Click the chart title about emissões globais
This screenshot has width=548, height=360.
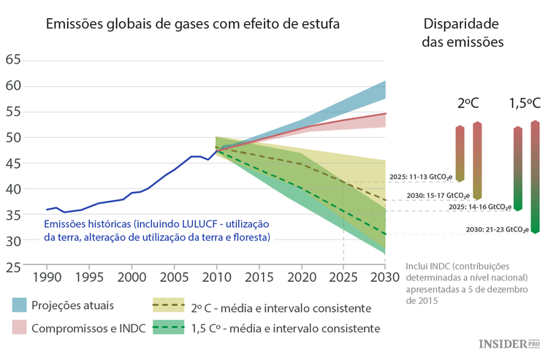[193, 23]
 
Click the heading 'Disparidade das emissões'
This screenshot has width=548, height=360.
[463, 33]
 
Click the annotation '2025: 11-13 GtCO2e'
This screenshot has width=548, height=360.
[421, 177]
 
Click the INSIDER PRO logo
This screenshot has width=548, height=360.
[509, 343]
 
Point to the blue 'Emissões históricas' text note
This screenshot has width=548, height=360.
[157, 230]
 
